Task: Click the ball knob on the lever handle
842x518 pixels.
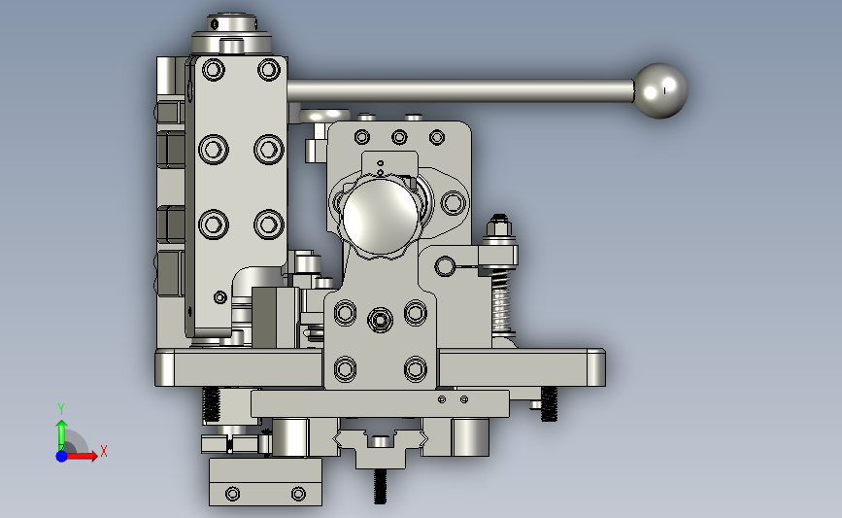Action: [660, 90]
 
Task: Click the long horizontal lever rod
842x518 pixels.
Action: [460, 90]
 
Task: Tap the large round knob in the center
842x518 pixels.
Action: [381, 216]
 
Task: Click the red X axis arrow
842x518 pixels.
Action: [82, 456]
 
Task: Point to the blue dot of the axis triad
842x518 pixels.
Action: [61, 456]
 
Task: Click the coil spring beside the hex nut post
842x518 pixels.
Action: [500, 302]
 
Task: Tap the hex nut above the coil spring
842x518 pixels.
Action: [500, 226]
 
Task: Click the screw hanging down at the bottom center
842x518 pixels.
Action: [380, 486]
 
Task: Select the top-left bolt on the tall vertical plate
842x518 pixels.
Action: [214, 70]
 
